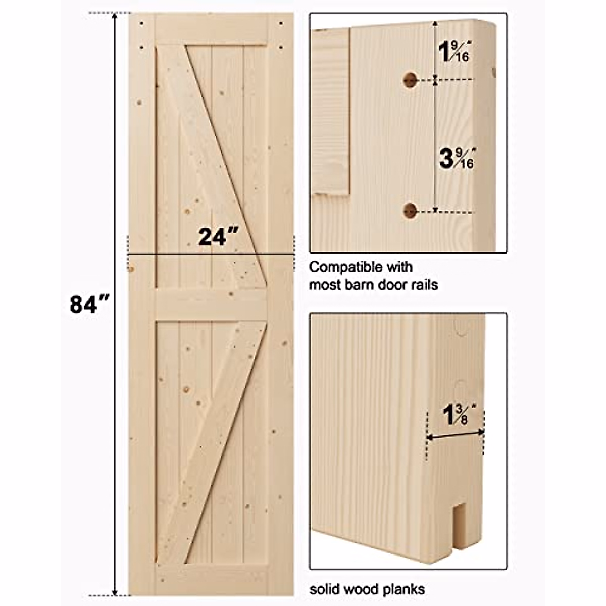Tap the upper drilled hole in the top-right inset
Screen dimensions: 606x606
click(x=410, y=79)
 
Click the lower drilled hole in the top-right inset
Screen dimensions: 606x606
click(x=411, y=211)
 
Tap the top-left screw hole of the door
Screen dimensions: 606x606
click(x=142, y=23)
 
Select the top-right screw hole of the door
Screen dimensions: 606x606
click(x=280, y=23)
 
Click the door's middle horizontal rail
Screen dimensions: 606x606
click(x=211, y=305)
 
